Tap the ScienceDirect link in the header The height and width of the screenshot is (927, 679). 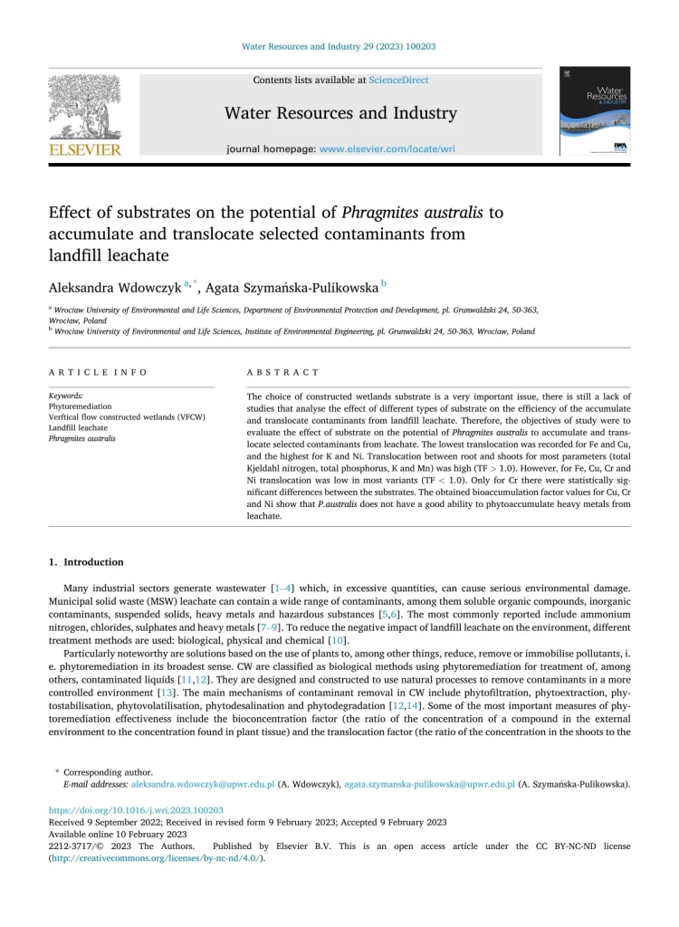click(x=398, y=80)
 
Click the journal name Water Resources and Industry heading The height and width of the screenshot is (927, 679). click(x=340, y=113)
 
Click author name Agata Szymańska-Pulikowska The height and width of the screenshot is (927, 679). click(x=292, y=288)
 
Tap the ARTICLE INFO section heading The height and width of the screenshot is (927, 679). click(x=98, y=372)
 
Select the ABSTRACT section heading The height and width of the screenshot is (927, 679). click(x=282, y=372)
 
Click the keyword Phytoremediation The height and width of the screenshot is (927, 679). click(x=81, y=406)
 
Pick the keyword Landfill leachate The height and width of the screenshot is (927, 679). click(x=78, y=427)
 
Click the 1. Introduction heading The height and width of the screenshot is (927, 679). click(x=88, y=562)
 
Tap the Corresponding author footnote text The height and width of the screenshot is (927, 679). click(x=109, y=772)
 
